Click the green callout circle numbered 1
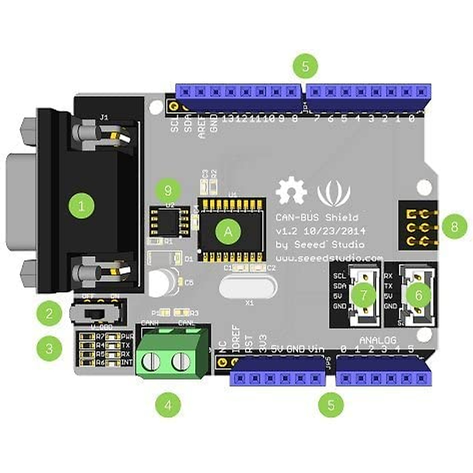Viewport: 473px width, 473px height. (x=81, y=205)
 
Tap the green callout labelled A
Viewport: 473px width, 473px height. (x=228, y=232)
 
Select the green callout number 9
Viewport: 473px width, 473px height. (x=168, y=191)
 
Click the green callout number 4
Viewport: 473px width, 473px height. (x=168, y=405)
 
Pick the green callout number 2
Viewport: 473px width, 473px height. (x=49, y=314)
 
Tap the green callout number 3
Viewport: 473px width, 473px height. (x=49, y=348)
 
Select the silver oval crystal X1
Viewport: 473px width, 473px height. (x=248, y=287)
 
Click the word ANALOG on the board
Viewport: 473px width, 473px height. (x=378, y=340)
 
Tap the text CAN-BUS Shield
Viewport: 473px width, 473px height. (x=317, y=218)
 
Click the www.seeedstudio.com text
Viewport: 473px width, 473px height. (x=329, y=259)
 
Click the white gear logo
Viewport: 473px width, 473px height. (x=291, y=192)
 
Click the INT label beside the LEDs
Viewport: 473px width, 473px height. (x=127, y=363)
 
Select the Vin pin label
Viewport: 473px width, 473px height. (x=316, y=349)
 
